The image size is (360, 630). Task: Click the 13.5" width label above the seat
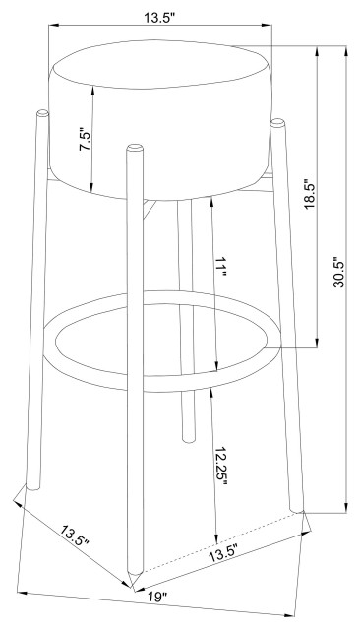pyautogui.click(x=159, y=18)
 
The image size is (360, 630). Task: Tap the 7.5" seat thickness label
pyautogui.click(x=87, y=140)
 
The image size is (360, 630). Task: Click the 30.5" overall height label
pyautogui.click(x=339, y=272)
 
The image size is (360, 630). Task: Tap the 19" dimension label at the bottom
pyautogui.click(x=156, y=597)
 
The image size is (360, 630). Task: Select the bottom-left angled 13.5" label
pyautogui.click(x=75, y=536)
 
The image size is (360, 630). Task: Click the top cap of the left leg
pyautogui.click(x=42, y=113)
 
